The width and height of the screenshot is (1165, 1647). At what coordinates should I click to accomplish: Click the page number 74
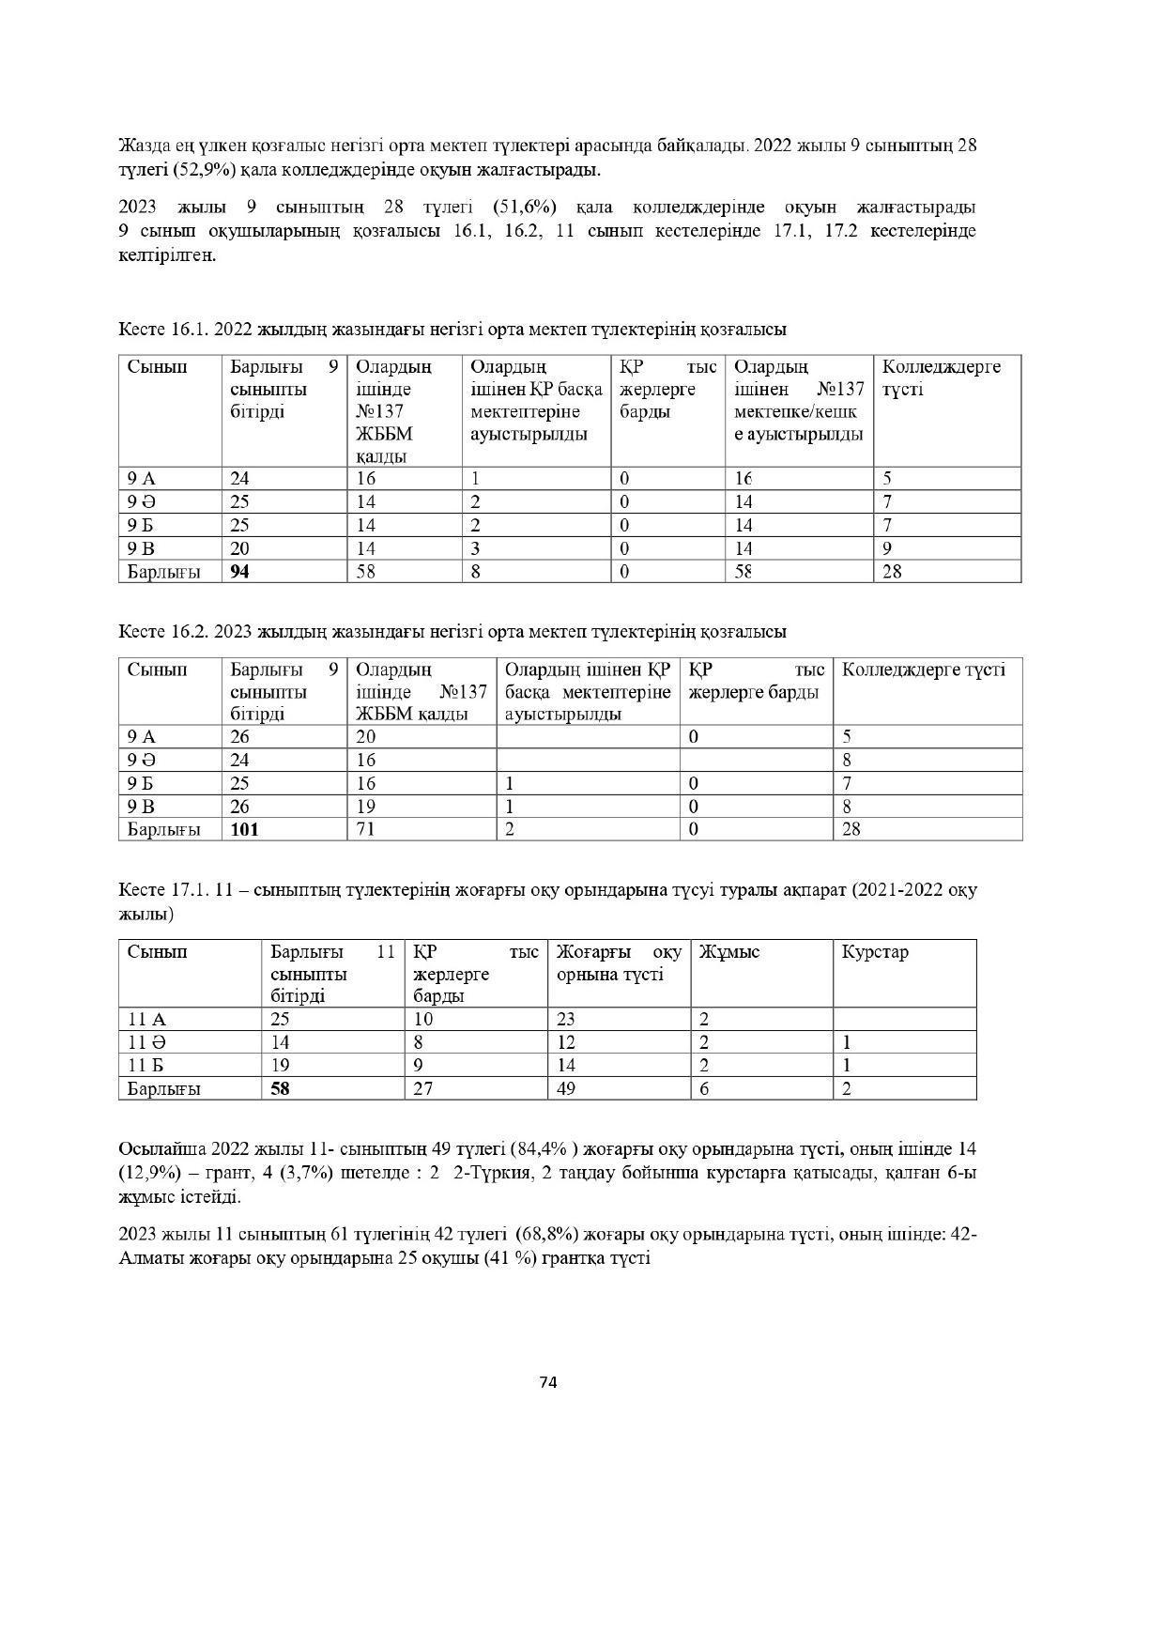(549, 1381)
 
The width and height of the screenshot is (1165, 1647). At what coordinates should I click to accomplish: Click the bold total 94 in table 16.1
(240, 571)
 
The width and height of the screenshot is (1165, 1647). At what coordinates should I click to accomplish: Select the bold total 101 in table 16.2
(244, 829)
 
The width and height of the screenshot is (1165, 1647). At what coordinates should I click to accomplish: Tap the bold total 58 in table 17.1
(280, 1088)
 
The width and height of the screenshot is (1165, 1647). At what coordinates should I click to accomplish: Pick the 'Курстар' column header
(875, 951)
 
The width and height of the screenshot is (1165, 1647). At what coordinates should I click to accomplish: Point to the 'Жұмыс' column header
(729, 951)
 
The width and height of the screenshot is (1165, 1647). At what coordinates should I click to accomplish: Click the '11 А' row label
(146, 1019)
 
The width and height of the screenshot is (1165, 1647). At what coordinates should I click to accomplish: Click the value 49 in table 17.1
(566, 1088)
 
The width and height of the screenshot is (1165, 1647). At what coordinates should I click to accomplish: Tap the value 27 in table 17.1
(423, 1088)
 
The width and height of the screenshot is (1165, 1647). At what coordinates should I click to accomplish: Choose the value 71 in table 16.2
(365, 829)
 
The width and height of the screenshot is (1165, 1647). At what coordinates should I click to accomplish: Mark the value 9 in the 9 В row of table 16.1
(887, 548)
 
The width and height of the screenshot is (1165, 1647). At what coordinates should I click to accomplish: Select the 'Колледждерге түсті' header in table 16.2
(924, 670)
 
